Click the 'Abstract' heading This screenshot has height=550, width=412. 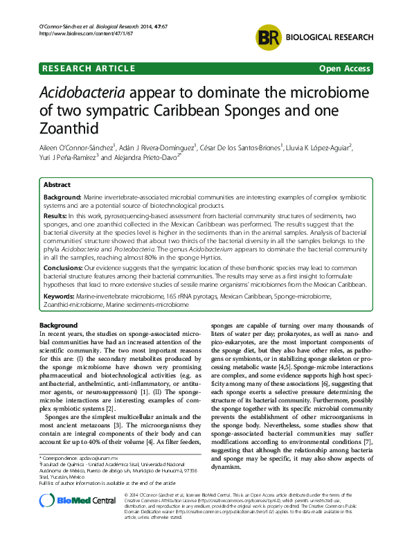click(x=57, y=186)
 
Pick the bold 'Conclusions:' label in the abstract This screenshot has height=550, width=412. click(x=64, y=265)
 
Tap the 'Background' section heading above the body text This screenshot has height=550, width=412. click(x=58, y=326)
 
